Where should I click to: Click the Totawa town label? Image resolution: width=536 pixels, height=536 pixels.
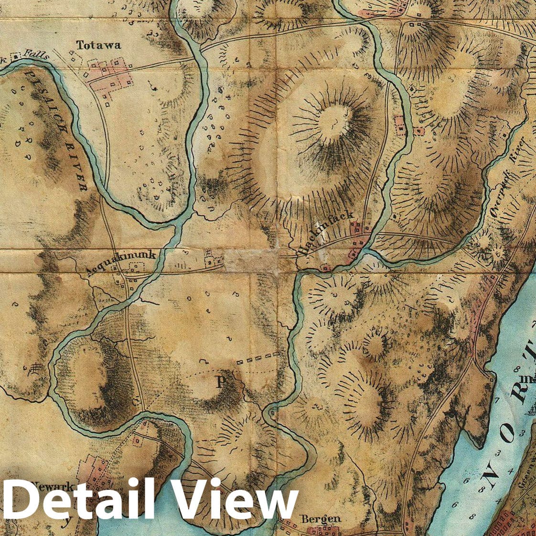tap(98, 45)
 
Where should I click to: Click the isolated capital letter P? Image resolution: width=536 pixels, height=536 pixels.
tap(221, 382)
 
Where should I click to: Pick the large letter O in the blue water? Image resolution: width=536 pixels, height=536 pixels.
tap(508, 433)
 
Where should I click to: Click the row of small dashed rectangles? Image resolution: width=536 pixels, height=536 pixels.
tap(258, 356)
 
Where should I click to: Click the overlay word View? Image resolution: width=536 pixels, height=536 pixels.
tap(234, 499)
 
